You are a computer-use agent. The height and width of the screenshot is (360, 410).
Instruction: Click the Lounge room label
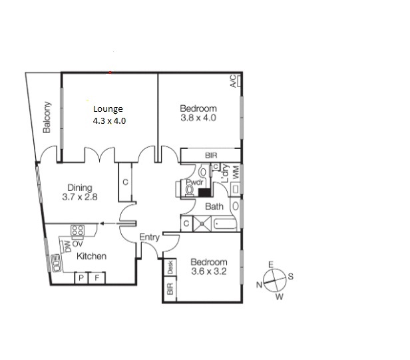(x=108, y=110)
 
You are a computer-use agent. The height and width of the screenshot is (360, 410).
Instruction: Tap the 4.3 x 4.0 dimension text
(x=109, y=121)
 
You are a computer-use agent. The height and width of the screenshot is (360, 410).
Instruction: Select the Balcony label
(x=47, y=118)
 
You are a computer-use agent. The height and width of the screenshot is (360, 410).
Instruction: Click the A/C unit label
(x=233, y=82)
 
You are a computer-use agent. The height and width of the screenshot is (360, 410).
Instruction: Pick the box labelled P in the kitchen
(x=81, y=278)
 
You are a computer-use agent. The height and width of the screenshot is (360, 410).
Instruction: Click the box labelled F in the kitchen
(x=97, y=278)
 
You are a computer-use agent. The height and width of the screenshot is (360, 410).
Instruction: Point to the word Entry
(x=148, y=237)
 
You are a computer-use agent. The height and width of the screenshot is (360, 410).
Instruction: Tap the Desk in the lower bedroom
(x=170, y=268)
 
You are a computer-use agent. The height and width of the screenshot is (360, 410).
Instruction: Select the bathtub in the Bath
(x=225, y=224)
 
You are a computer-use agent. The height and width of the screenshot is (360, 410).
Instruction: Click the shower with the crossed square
(x=202, y=224)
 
